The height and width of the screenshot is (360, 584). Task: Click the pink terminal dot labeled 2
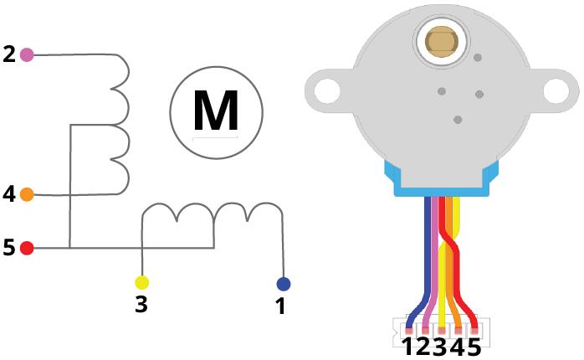27,54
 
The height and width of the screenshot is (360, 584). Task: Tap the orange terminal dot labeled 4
27,194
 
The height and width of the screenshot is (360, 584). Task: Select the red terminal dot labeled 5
27,248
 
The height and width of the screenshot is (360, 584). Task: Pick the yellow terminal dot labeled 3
142,283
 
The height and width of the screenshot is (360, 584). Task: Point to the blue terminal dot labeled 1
284,284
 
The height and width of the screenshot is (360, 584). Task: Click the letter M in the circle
216,111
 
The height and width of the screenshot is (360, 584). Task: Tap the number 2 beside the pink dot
9,54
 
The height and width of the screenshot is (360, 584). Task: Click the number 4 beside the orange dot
9,194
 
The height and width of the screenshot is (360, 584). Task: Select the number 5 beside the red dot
9,248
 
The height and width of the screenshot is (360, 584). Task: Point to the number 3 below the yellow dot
141,305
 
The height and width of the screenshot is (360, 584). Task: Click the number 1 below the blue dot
280,306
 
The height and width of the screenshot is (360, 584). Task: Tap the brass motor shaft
442,41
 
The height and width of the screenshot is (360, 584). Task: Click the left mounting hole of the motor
327,90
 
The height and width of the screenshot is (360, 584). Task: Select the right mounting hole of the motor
556,90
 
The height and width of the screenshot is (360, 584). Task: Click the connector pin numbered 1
409,331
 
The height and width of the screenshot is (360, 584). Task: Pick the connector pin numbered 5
474,331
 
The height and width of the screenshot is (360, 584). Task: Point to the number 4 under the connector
457,347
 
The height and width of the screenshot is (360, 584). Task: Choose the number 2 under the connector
423,347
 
